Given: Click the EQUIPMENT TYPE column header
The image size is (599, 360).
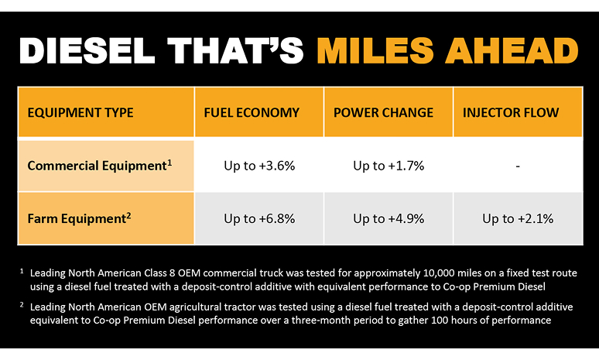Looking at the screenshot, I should pos(80,112).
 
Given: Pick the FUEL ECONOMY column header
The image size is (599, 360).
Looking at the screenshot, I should pos(252,112).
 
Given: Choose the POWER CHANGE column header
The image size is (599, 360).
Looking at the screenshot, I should pos(383,112).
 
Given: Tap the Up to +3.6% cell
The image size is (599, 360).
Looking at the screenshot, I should pos(259,166).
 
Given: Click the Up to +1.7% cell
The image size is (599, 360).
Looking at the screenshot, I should pos(388,166).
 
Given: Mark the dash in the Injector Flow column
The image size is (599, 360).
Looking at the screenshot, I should pos(518,166).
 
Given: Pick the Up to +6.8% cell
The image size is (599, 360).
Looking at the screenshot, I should pos(259,219).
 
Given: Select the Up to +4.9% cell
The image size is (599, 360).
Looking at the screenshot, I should pos(388,219).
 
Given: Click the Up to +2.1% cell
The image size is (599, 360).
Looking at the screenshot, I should pos(518,219).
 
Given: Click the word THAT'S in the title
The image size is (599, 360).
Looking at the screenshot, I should pos(239,51).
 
